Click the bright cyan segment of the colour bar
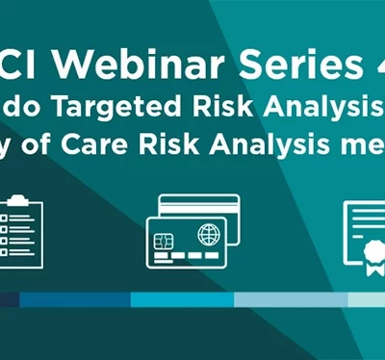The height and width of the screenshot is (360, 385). coord(182,299)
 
